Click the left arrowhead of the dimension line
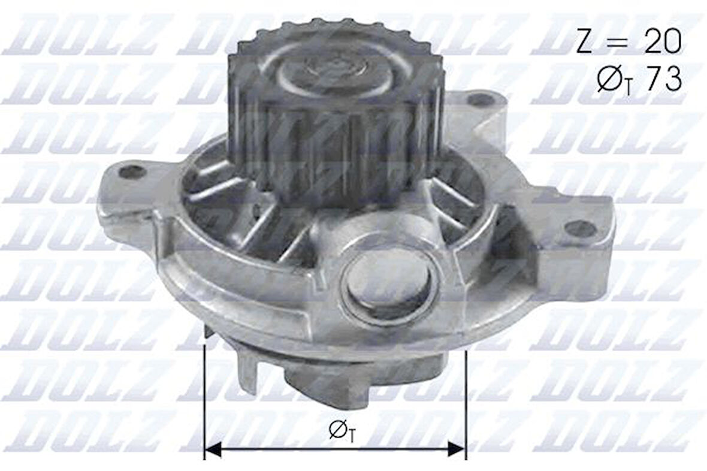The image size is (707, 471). point(212,448)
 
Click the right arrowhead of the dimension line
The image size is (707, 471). point(458,448)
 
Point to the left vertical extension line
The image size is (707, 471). point(205,395)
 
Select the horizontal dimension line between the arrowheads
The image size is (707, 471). point(336,448)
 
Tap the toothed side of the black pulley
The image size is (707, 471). point(336,150)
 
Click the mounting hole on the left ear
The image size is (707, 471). point(132,172)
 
